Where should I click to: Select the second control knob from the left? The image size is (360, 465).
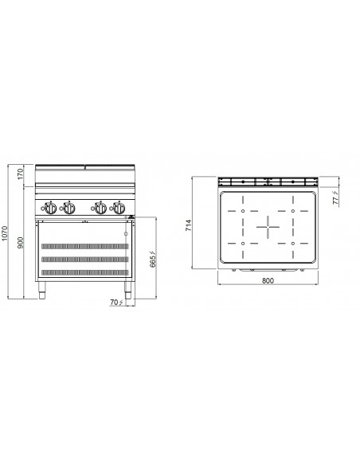click(x=69, y=209)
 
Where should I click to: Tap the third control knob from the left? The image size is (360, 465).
click(x=100, y=209)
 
